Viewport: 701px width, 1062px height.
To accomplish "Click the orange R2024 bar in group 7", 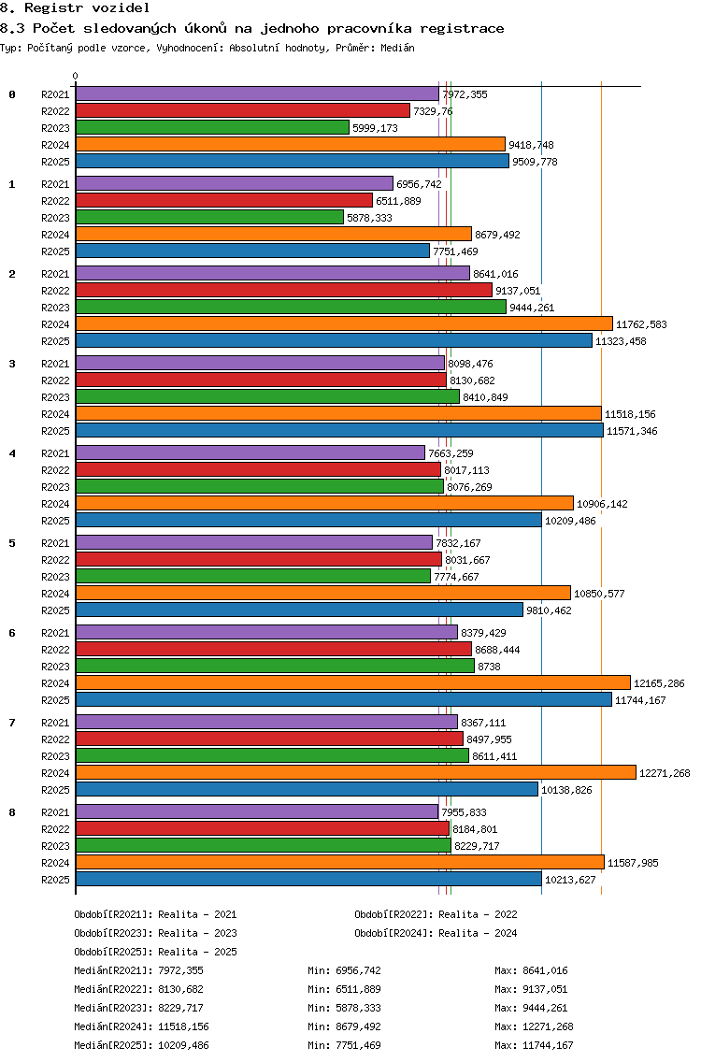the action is (x=356, y=773).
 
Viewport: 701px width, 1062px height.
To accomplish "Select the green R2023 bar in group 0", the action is (x=213, y=127).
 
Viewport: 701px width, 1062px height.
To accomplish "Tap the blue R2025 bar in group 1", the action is (x=252, y=251).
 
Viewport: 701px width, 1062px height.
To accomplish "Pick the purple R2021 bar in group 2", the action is (x=273, y=274).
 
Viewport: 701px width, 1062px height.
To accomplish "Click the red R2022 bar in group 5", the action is (x=259, y=559).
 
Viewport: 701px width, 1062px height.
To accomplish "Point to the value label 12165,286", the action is (x=659, y=683).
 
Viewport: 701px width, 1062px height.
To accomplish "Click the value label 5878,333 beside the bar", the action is (x=370, y=218).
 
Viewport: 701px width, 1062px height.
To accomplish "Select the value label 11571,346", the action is (x=632, y=432).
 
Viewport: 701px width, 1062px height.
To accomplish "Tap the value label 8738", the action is (x=489, y=667).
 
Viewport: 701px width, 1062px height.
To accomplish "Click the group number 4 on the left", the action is (x=12, y=453).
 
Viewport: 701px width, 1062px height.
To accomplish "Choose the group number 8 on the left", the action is (x=12, y=812).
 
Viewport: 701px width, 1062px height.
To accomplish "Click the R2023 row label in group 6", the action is (x=55, y=667).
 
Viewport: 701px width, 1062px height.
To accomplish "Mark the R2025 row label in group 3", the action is (x=55, y=432).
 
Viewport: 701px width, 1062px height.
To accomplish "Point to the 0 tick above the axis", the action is (x=75, y=76).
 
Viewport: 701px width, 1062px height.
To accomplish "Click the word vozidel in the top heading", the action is (x=121, y=8).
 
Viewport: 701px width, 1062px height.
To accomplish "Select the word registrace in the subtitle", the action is (x=462, y=28).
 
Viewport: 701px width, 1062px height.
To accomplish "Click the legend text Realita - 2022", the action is (x=478, y=914).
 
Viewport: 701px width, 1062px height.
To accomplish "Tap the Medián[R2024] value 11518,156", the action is (x=183, y=1026).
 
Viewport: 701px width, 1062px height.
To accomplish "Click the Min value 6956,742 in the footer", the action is (x=358, y=970).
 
